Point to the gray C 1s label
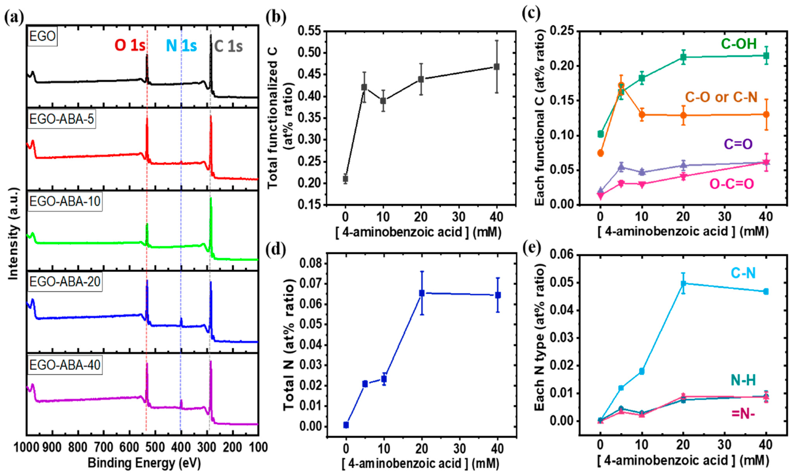pos(228,46)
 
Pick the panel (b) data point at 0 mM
pos(345,179)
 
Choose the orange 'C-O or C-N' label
pos(721,97)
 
